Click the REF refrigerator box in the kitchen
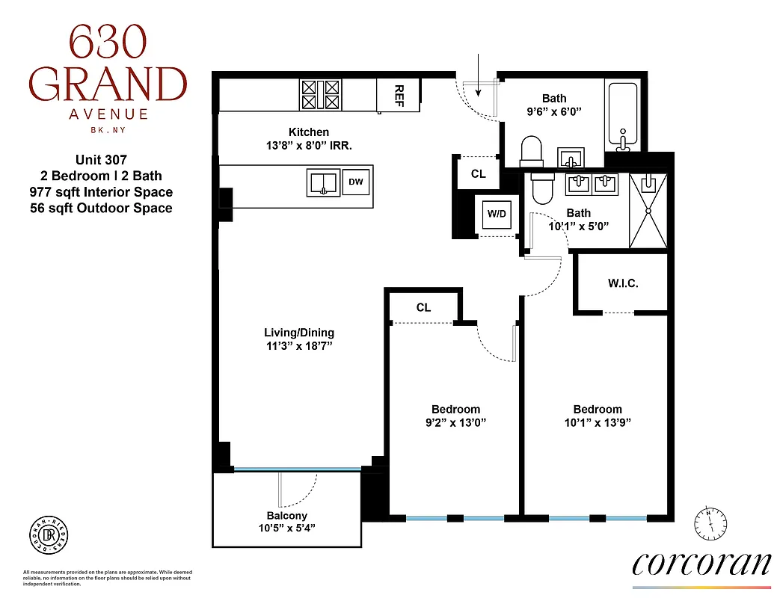pyautogui.click(x=399, y=94)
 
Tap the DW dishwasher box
pyautogui.click(x=357, y=182)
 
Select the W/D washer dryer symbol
pyautogui.click(x=497, y=214)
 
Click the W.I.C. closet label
pyautogui.click(x=622, y=284)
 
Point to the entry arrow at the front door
pyautogui.click(x=479, y=75)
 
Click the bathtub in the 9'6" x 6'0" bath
pyautogui.click(x=623, y=116)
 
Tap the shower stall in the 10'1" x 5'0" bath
pyautogui.click(x=648, y=210)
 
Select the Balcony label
pyautogui.click(x=287, y=516)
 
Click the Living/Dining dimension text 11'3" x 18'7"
pyautogui.click(x=299, y=347)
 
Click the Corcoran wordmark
pyautogui.click(x=701, y=563)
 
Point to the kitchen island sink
pyautogui.click(x=323, y=182)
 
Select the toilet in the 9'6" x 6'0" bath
pyautogui.click(x=531, y=150)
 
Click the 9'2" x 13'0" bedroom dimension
pyautogui.click(x=455, y=422)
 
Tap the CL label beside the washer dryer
pyautogui.click(x=478, y=174)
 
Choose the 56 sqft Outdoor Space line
pyautogui.click(x=106, y=209)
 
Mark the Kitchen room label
pyautogui.click(x=309, y=132)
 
